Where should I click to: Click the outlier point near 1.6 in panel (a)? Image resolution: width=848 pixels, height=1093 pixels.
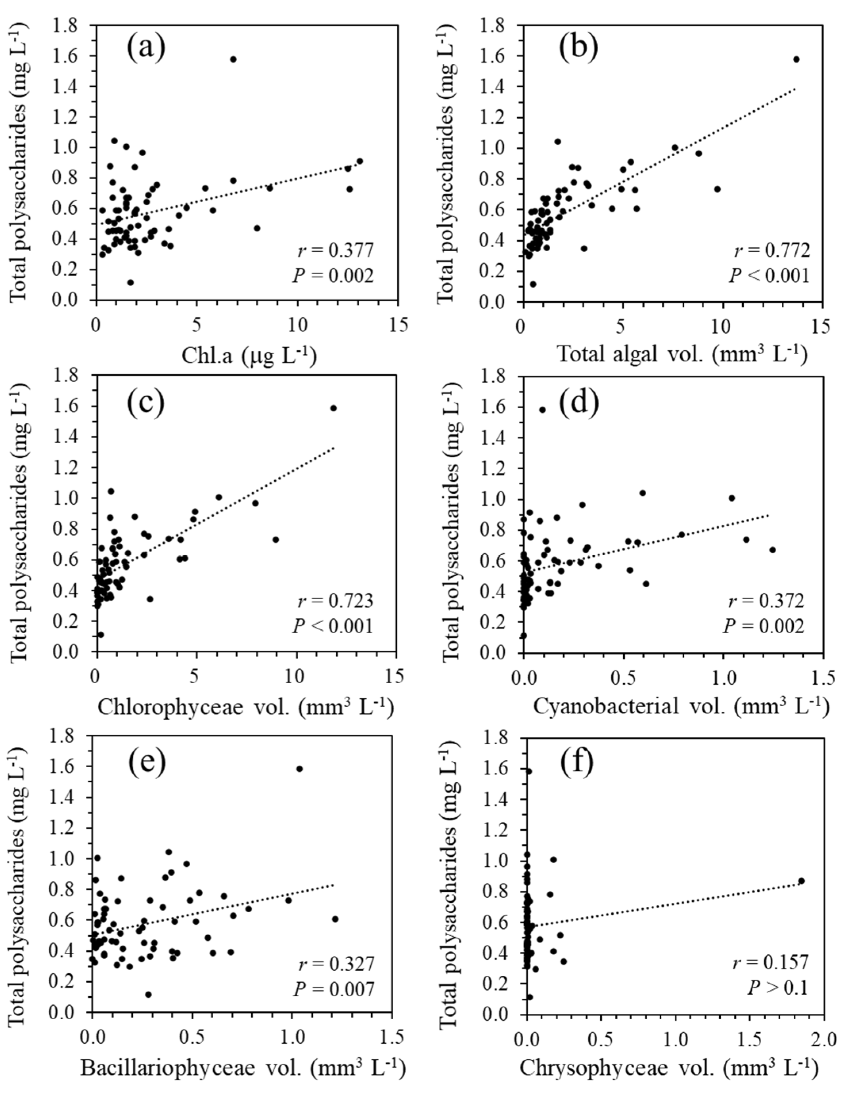[233, 59]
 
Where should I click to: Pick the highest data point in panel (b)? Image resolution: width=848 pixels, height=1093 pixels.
[796, 59]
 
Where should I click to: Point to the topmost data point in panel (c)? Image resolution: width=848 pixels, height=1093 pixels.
[333, 408]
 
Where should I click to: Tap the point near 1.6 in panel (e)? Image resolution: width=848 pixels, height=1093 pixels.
[299, 769]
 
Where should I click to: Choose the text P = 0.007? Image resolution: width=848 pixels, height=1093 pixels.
[333, 988]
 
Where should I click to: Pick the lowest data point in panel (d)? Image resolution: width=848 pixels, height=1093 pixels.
[524, 636]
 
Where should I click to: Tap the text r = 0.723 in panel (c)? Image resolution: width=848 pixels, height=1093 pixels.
[336, 600]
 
